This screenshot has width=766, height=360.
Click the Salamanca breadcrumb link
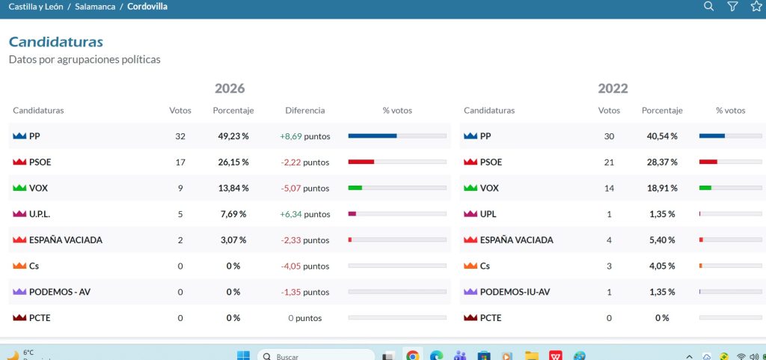click(x=95, y=6)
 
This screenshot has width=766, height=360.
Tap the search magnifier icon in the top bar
click(x=708, y=6)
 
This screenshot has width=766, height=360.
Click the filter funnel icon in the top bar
click(x=732, y=6)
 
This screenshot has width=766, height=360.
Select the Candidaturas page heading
click(x=55, y=42)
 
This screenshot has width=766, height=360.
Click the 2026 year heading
click(x=230, y=88)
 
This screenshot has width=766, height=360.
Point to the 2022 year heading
click(x=613, y=88)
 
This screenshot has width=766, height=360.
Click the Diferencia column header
click(x=305, y=110)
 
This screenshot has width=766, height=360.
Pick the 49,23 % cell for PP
click(x=233, y=136)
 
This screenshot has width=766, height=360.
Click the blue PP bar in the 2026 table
click(x=373, y=135)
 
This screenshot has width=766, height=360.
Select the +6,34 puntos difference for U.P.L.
click(x=305, y=214)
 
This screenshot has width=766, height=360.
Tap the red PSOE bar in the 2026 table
click(x=361, y=162)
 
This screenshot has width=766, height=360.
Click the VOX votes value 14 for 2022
click(x=609, y=188)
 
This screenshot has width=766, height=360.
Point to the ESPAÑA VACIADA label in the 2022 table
click(x=516, y=240)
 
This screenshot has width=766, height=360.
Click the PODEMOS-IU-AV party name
click(x=515, y=292)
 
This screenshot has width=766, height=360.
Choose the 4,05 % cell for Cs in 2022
click(x=662, y=266)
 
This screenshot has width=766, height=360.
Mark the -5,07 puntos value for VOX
click(x=305, y=188)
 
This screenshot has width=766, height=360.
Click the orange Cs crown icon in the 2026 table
click(x=19, y=266)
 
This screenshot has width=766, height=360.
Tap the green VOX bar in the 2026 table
click(x=355, y=188)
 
